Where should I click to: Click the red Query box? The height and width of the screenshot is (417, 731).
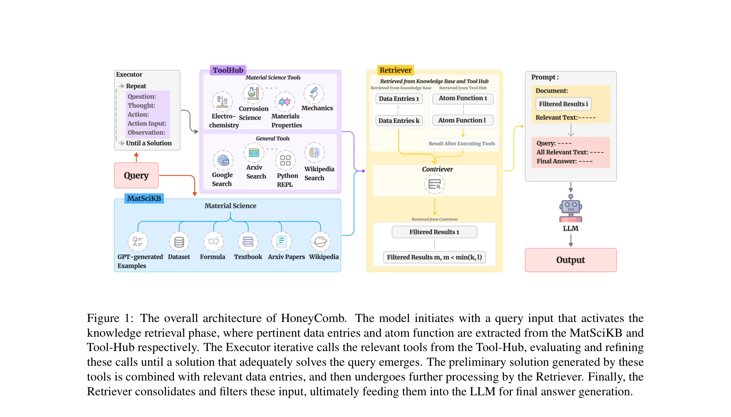[136, 175]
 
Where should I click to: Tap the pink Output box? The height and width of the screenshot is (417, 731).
[571, 260]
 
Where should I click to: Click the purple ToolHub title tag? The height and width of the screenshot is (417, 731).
[228, 70]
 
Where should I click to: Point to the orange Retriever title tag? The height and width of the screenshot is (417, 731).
[395, 70]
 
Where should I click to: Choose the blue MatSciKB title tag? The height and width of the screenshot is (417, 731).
[144, 198]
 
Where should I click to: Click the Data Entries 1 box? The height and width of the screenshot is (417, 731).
[399, 99]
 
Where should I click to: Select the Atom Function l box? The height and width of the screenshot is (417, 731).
[463, 120]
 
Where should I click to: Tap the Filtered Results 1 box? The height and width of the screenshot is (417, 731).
[434, 232]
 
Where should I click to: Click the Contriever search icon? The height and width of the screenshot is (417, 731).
[434, 184]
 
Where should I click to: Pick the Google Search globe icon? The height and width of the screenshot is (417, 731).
[223, 160]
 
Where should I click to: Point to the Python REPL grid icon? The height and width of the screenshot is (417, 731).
[285, 160]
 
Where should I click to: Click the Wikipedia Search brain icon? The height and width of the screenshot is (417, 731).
[314, 153]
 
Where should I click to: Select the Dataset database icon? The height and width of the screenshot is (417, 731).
[179, 242]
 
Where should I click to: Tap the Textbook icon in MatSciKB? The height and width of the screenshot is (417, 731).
[248, 242]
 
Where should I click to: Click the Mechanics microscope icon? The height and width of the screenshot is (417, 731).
[314, 93]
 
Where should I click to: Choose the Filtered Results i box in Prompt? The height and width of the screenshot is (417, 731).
[563, 104]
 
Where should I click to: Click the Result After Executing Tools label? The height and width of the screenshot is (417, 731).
[462, 144]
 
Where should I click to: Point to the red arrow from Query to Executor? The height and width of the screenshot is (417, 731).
[136, 157]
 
